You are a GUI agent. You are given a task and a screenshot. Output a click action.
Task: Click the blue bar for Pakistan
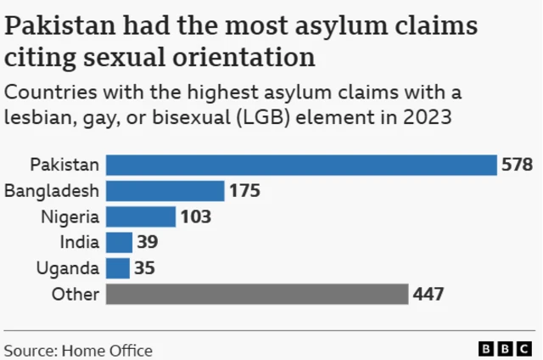(301, 165)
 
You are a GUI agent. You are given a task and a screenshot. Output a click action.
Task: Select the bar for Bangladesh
(165, 190)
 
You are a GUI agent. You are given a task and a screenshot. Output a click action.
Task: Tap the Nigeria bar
(141, 217)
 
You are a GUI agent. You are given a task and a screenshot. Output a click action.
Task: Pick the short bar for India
(120, 243)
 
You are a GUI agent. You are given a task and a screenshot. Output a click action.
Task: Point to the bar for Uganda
(119, 268)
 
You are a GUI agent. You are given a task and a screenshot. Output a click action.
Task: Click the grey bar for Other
(258, 295)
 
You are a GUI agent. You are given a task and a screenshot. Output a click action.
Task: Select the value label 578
(517, 165)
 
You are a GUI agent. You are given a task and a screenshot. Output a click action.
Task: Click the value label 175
(244, 190)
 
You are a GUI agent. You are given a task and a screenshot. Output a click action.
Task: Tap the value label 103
(195, 217)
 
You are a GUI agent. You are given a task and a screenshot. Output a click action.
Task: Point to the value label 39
(148, 243)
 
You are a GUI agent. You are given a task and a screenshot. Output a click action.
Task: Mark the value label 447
(429, 295)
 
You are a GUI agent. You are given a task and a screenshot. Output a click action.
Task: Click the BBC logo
(507, 349)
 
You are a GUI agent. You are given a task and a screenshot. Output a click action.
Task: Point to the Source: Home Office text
(78, 349)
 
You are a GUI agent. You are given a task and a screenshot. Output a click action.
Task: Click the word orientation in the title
(244, 59)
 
